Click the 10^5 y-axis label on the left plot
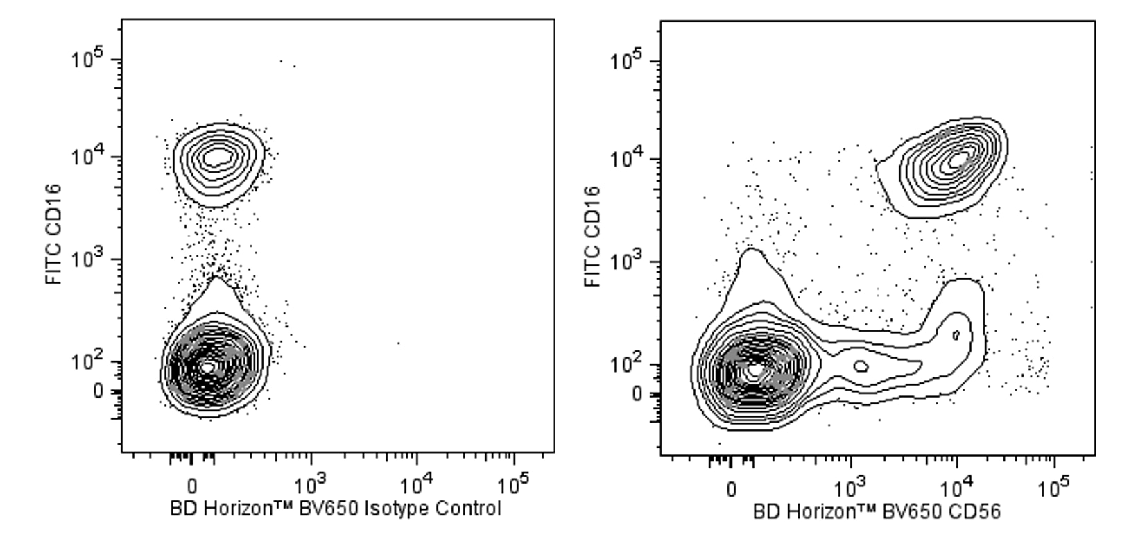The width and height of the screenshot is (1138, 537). (87, 60)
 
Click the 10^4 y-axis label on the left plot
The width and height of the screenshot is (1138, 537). (87, 157)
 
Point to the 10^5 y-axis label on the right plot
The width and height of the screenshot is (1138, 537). (626, 62)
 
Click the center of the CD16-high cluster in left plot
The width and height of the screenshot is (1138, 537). (216, 157)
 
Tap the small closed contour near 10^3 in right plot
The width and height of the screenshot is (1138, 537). (861, 366)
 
